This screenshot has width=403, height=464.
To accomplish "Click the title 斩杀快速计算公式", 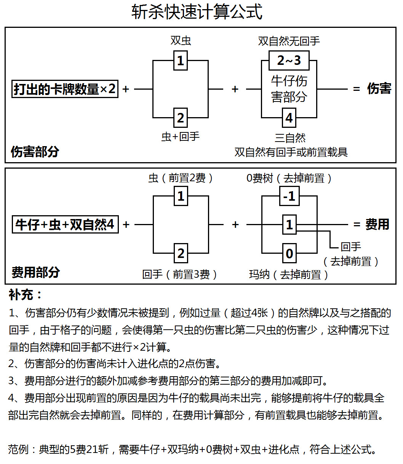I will click(x=197, y=12).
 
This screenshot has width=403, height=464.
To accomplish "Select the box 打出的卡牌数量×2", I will click(x=65, y=89).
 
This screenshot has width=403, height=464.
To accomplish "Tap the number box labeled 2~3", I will click(x=289, y=60).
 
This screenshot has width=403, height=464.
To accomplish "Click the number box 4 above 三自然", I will click(x=289, y=118).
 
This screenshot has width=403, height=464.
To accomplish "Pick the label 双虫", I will click(x=181, y=40).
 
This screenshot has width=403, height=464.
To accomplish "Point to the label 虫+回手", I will click(x=181, y=137).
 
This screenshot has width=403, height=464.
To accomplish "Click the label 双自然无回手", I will click(x=289, y=41).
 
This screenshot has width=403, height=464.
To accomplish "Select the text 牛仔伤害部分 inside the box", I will click(x=289, y=89).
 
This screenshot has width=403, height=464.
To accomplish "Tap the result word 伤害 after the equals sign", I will click(x=379, y=89).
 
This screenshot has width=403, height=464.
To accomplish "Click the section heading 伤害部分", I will click(x=35, y=151).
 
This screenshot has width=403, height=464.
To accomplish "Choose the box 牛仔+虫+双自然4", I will click(x=65, y=224).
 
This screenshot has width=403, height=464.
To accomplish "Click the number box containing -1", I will click(x=289, y=196).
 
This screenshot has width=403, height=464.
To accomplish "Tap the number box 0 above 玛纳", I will click(x=289, y=253).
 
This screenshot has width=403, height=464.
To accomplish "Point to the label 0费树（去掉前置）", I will click(x=289, y=178).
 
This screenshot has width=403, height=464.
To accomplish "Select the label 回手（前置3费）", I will click(x=180, y=274).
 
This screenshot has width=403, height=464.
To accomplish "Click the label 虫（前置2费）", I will click(x=181, y=178).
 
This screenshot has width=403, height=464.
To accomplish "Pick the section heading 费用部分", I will click(x=35, y=272).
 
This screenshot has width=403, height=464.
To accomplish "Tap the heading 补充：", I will click(x=26, y=295).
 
